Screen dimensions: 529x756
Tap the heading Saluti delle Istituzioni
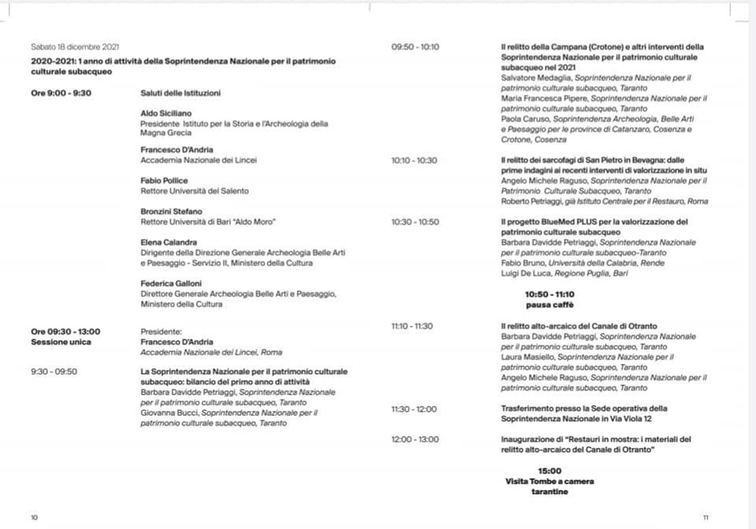(x=180, y=93)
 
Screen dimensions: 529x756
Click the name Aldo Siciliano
(x=165, y=113)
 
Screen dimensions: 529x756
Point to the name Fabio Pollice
(x=164, y=180)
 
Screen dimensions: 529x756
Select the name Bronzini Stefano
(x=171, y=211)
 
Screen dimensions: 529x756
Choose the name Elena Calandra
(x=169, y=242)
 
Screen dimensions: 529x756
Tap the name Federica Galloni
(x=171, y=283)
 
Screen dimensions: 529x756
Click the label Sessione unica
(x=61, y=342)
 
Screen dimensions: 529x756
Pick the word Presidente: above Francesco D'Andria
(x=161, y=331)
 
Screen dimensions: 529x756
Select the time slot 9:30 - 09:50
(x=54, y=371)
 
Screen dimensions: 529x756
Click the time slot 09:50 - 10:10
(x=415, y=47)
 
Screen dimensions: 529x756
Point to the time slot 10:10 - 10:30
(x=414, y=160)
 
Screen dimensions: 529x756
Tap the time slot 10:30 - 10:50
(x=415, y=222)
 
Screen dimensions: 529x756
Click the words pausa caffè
(x=550, y=304)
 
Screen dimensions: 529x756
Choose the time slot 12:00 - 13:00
(x=415, y=438)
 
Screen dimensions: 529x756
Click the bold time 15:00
(x=550, y=471)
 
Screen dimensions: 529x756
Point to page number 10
(x=34, y=517)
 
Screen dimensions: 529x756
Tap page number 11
(x=706, y=517)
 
